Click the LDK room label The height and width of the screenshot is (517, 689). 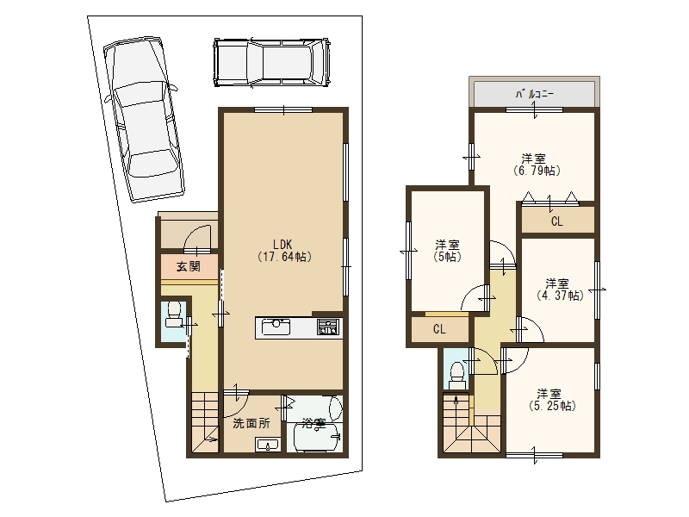coord(282,244)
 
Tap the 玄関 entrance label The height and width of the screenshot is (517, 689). coord(189,266)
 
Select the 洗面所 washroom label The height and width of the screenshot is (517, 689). coord(251,423)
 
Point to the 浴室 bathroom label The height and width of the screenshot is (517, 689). coord(313,423)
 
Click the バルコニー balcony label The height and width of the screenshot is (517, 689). coord(534,94)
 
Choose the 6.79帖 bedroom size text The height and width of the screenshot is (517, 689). coord(537,171)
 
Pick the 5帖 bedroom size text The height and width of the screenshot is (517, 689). coord(447,257)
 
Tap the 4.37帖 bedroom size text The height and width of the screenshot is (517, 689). coord(561,296)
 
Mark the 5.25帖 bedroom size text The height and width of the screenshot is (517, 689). coord(552,406)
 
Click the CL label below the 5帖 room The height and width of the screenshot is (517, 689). coord(439,329)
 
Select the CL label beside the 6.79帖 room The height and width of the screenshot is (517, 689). coord(556,221)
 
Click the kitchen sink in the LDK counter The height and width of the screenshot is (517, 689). coord(276,327)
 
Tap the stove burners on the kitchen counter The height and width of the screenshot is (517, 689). coord(329,327)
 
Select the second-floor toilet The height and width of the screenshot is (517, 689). coord(456,376)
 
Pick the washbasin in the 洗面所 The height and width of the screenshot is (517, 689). coord(268,445)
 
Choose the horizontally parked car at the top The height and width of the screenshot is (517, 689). coord(271,63)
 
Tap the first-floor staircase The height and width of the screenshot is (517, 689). coord(205,423)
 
